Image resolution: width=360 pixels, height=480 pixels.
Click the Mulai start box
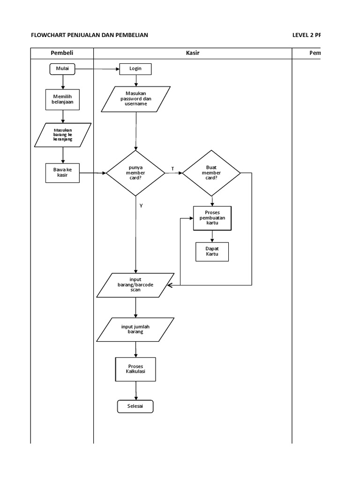(x=62, y=69)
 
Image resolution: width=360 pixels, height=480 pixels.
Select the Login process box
(x=135, y=69)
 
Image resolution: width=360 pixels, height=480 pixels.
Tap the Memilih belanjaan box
(x=62, y=98)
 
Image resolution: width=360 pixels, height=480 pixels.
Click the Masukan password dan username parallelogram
(x=136, y=98)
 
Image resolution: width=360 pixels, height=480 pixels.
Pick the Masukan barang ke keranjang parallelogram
(x=63, y=135)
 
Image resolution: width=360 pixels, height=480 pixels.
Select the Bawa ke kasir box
(x=62, y=172)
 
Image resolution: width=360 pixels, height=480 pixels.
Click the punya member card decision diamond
(x=135, y=173)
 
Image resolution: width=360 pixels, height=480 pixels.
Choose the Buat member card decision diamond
(x=211, y=173)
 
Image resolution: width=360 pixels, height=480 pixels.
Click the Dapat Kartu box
(x=212, y=251)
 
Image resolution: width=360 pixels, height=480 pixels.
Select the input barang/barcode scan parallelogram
(x=135, y=285)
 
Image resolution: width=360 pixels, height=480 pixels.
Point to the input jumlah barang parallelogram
(x=135, y=329)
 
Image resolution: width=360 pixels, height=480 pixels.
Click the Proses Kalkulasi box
(x=135, y=369)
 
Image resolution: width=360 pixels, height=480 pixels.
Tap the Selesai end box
(x=135, y=406)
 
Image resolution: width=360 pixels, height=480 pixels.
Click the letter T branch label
(x=172, y=168)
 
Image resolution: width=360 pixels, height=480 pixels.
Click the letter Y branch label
(x=141, y=205)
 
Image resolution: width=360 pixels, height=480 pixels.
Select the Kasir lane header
(x=193, y=53)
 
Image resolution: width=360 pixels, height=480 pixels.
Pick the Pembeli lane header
(x=62, y=53)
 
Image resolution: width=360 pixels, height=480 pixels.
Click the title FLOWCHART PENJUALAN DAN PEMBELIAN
(x=89, y=35)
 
